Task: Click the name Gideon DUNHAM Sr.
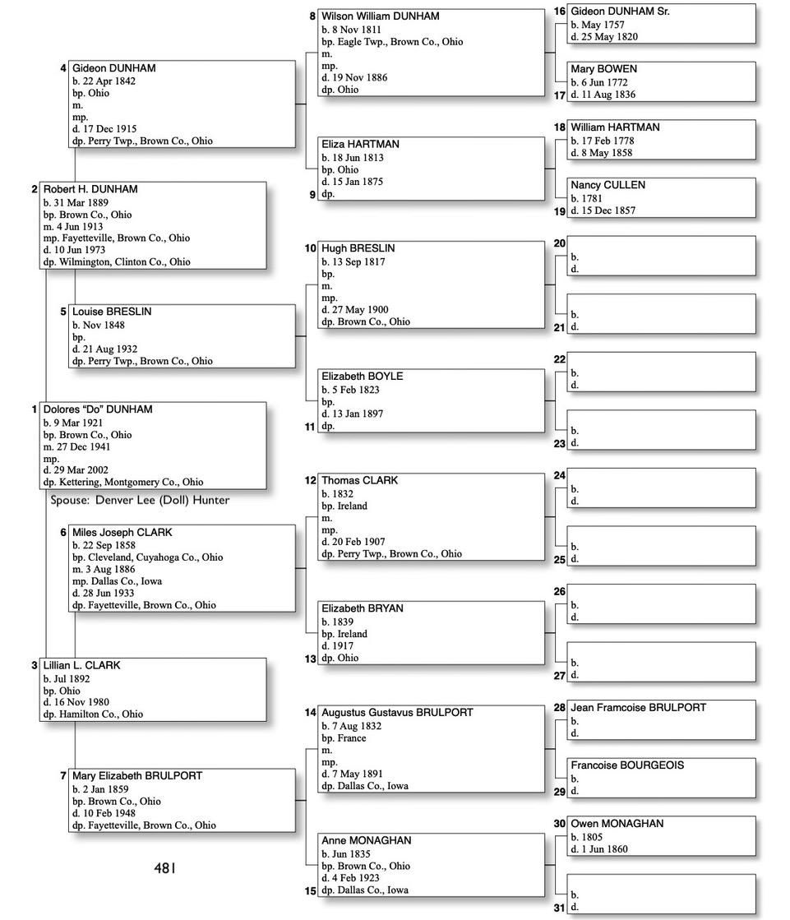click(x=620, y=12)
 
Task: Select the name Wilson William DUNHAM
click(x=380, y=16)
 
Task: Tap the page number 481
click(x=164, y=867)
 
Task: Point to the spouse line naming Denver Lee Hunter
click(x=140, y=500)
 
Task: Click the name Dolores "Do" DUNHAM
click(x=97, y=409)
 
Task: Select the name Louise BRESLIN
click(x=111, y=312)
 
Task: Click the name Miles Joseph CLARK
click(x=122, y=533)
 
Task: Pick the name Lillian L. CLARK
click(x=81, y=665)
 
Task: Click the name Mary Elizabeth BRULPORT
click(x=136, y=776)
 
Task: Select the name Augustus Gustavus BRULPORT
click(x=397, y=713)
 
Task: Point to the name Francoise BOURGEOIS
click(x=626, y=765)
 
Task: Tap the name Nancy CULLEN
click(x=608, y=185)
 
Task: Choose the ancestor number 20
click(x=559, y=243)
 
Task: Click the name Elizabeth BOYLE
click(x=362, y=377)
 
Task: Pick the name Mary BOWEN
click(x=603, y=69)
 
